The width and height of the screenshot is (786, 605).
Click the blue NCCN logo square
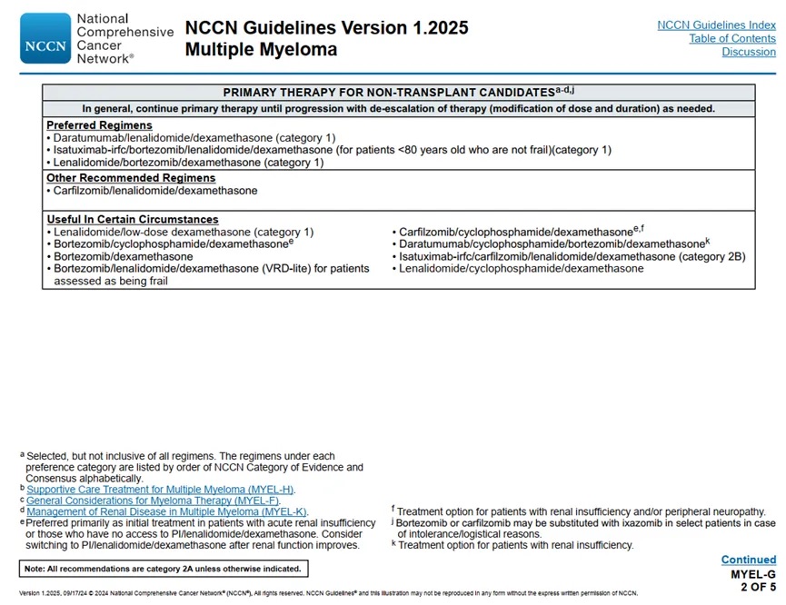(x=45, y=38)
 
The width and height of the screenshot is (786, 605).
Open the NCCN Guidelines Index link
(x=716, y=25)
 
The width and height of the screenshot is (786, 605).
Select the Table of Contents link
(x=732, y=39)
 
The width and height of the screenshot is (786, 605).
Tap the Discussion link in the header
(x=749, y=53)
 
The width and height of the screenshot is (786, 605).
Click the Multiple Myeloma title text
(x=261, y=50)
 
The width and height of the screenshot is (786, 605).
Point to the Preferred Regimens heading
(x=99, y=125)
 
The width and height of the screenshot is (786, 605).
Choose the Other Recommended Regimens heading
(x=131, y=178)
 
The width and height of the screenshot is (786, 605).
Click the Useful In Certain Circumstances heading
(x=133, y=220)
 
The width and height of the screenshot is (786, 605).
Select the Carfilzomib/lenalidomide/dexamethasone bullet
(x=155, y=191)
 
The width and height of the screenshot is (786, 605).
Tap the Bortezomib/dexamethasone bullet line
(x=123, y=257)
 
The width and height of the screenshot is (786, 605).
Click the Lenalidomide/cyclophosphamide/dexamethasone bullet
(x=521, y=269)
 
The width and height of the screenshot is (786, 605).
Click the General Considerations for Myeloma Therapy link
(x=160, y=501)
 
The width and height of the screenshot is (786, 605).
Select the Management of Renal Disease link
(x=166, y=511)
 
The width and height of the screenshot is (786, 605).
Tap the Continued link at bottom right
(x=748, y=560)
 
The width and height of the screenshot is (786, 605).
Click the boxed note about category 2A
(x=163, y=569)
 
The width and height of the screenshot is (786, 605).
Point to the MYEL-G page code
(x=753, y=575)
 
